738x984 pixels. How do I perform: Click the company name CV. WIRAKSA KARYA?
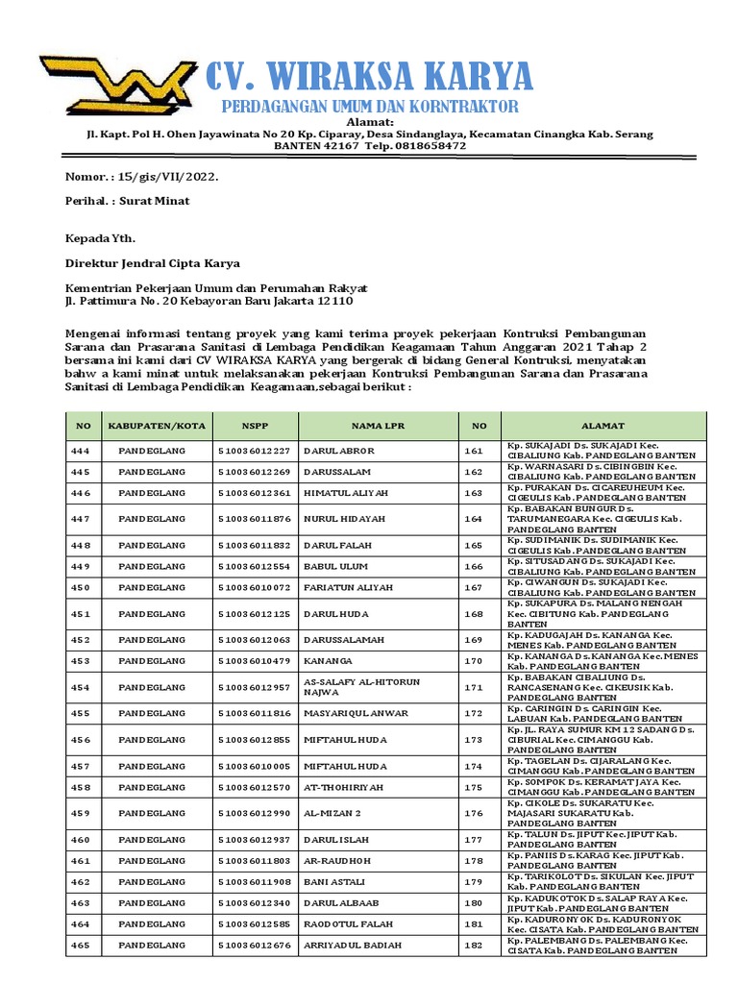click(369, 75)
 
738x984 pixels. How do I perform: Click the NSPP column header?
click(256, 426)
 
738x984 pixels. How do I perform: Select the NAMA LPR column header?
click(379, 426)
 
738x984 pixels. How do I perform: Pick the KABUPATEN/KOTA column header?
click(157, 426)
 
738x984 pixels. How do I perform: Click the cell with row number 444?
click(80, 450)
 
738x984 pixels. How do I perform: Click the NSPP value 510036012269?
click(254, 473)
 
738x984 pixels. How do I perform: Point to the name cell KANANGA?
click(328, 661)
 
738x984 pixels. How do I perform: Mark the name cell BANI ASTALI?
click(334, 881)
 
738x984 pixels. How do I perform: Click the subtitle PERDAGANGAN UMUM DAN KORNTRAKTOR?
click(370, 106)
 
